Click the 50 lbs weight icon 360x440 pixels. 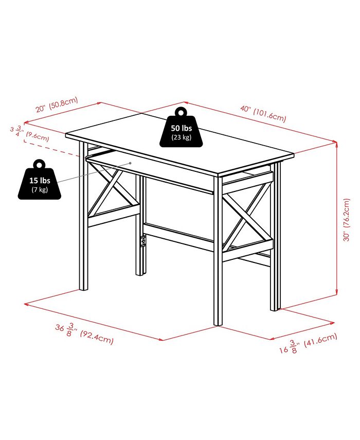click(x=182, y=130)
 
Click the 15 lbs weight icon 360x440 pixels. click(x=40, y=183)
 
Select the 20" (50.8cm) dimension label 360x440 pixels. click(x=57, y=104)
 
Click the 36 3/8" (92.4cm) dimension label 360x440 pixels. click(x=84, y=333)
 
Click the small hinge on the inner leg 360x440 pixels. click(x=145, y=241)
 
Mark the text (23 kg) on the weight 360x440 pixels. click(x=182, y=137)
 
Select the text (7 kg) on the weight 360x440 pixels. click(x=40, y=190)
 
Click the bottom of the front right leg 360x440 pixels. click(x=218, y=323)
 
